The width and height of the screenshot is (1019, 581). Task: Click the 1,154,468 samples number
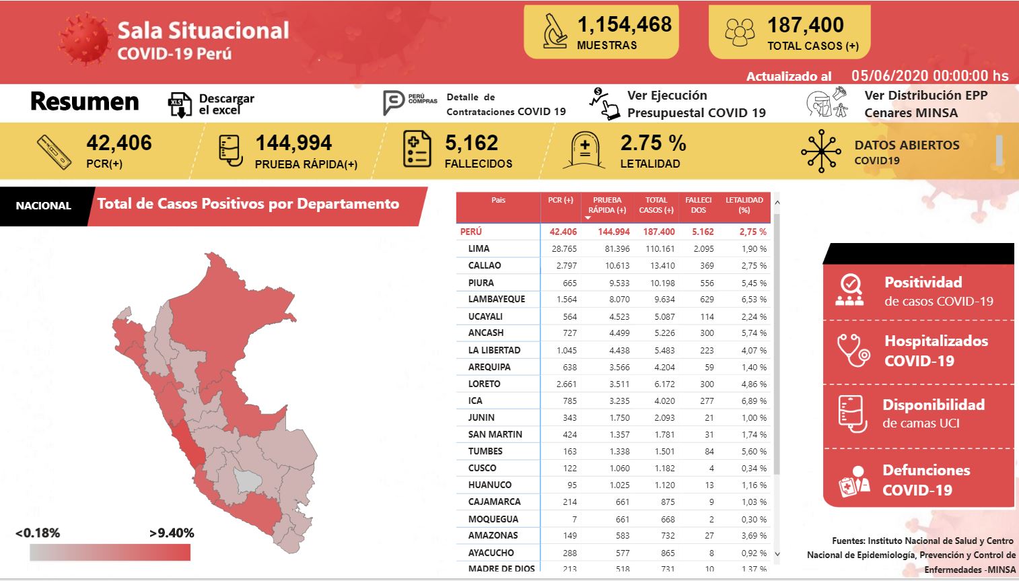pos(624,25)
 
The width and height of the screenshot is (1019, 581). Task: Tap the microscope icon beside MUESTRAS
pos(555,32)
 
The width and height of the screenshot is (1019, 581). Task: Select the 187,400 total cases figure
pos(805,26)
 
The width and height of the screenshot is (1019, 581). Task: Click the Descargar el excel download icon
pos(180,104)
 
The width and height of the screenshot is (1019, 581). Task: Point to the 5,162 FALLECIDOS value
pos(471,143)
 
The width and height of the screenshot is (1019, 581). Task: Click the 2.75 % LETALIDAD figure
pos(653,143)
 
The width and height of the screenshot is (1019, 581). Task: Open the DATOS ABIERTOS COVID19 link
pos(906,151)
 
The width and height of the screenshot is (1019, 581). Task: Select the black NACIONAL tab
pos(43,206)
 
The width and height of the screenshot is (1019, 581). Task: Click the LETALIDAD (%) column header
pos(744,205)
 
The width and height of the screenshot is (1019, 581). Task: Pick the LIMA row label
pos(479,249)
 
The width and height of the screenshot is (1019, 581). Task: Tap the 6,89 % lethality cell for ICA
pos(753,401)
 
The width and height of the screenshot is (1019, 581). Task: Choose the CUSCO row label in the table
pos(482,469)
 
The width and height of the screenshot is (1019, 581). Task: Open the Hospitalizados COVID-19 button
pos(918,351)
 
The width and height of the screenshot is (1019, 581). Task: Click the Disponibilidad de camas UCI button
pos(918,413)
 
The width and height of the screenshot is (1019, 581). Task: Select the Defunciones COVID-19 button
pos(918,479)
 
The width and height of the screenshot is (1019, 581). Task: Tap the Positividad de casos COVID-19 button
pos(918,291)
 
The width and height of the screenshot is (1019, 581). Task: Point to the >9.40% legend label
pos(172,533)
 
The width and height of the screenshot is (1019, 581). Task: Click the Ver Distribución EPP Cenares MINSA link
pos(925,104)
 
